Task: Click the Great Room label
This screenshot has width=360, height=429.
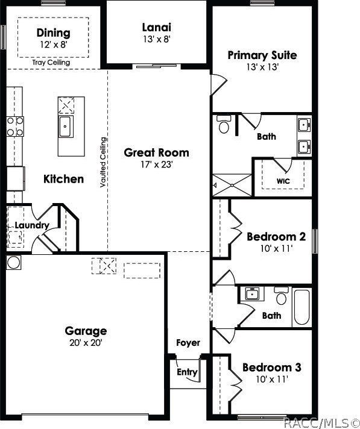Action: (x=156, y=152)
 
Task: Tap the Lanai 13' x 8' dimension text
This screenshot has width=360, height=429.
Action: (x=156, y=40)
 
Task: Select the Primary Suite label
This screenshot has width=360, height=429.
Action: (x=262, y=55)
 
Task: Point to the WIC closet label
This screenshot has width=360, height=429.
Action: (x=284, y=180)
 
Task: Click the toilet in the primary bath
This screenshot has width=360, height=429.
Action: (x=224, y=126)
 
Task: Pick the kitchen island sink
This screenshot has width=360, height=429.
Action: (x=66, y=126)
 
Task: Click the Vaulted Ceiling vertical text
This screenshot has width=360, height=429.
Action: (x=104, y=163)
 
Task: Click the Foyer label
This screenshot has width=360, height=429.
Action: (x=188, y=343)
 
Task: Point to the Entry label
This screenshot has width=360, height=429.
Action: (x=187, y=372)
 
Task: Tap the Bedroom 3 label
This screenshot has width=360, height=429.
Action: (x=271, y=367)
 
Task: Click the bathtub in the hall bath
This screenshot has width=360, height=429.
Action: (x=302, y=307)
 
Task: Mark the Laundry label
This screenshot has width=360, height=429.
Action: (x=32, y=225)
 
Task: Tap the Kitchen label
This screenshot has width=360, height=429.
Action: (x=63, y=179)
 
